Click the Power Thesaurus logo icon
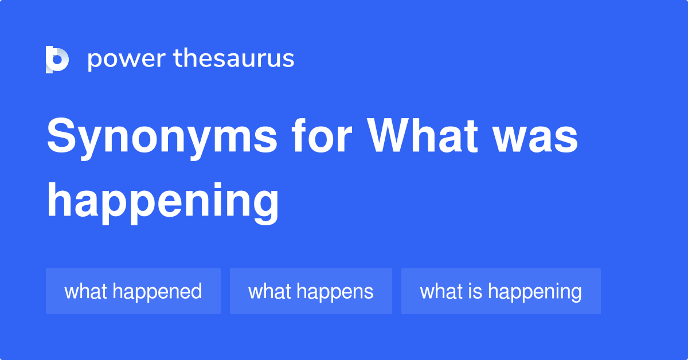click(57, 59)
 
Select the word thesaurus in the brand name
click(234, 59)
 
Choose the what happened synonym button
click(133, 291)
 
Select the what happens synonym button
click(311, 291)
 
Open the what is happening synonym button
click(501, 291)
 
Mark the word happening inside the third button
click(534, 292)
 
